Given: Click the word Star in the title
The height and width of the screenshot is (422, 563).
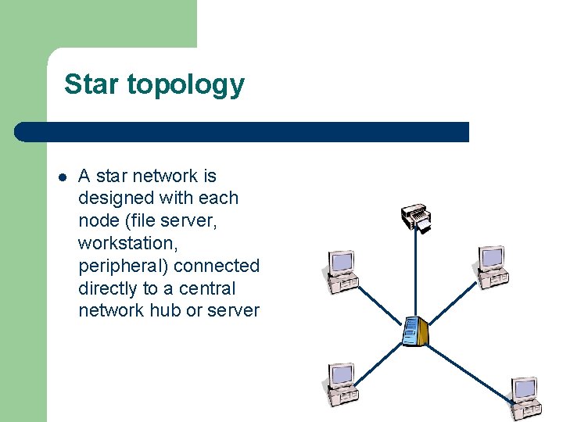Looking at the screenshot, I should click(x=91, y=84).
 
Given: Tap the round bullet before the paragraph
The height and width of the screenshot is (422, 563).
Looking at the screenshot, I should click(x=62, y=177).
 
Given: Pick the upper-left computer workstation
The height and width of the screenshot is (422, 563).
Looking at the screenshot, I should click(x=340, y=270).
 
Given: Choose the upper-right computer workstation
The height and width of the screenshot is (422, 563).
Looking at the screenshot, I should click(x=490, y=266).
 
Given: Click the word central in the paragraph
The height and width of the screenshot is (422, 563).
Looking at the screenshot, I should click(x=207, y=288).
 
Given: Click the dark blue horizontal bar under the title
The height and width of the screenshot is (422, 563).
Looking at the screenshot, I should click(x=242, y=132).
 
